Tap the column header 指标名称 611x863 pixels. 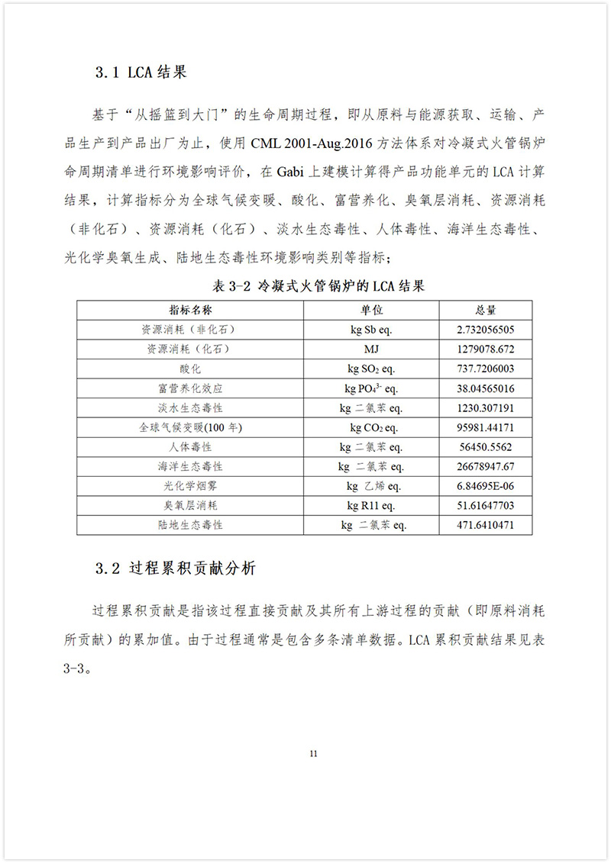[x=190, y=311]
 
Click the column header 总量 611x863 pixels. [x=486, y=311]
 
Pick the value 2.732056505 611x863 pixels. [x=486, y=330]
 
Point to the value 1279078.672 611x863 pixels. [x=486, y=349]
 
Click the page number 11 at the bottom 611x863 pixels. [x=313, y=755]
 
